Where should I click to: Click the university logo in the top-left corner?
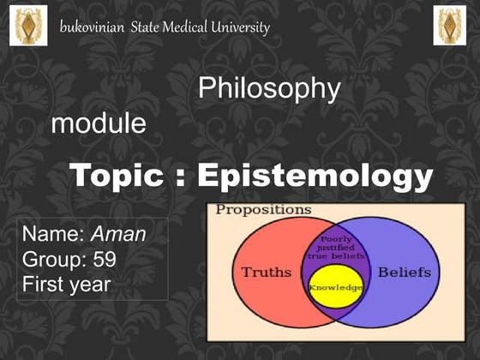28,25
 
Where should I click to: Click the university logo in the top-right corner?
451,25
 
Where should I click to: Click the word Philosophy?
269,89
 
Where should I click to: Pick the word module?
99,124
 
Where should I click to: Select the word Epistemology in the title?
315,177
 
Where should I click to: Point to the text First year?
67,284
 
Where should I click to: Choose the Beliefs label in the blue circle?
404,273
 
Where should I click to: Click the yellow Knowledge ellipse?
336,288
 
